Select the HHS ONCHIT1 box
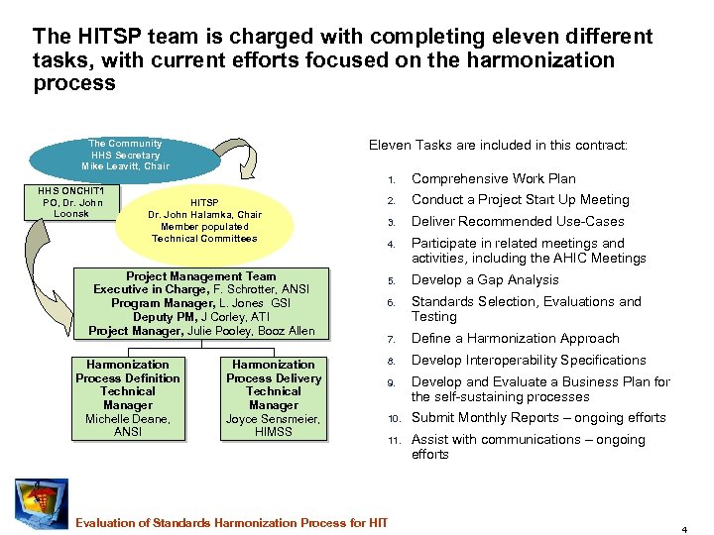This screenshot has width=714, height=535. click(65, 202)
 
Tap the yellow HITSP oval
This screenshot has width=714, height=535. click(204, 220)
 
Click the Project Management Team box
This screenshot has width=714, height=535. click(201, 304)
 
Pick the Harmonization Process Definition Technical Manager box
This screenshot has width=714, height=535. click(128, 398)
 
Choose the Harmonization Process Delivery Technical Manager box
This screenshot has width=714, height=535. click(274, 398)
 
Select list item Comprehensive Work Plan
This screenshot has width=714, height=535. click(493, 179)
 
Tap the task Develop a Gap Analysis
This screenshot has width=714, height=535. click(485, 280)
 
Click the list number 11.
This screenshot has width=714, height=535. click(392, 440)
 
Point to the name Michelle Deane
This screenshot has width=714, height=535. click(127, 419)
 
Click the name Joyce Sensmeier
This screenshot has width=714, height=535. click(274, 419)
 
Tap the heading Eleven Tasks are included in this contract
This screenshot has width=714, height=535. click(498, 146)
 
